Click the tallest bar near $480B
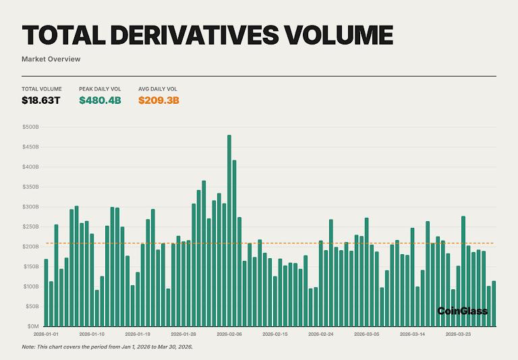(x=229, y=229)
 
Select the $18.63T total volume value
(x=40, y=100)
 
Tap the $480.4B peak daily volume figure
(x=100, y=100)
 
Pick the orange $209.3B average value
(x=159, y=100)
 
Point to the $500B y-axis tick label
(x=31, y=127)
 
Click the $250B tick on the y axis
(x=31, y=227)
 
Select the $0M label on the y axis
(x=33, y=326)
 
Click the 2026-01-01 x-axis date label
(x=46, y=334)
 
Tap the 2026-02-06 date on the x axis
(x=229, y=334)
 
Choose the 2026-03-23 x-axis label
(x=458, y=334)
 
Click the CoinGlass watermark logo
(x=462, y=311)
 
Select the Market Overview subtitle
(x=51, y=59)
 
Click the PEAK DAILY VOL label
(x=100, y=89)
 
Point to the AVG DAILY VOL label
(x=158, y=89)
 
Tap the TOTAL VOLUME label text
(x=42, y=89)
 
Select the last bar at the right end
(x=494, y=303)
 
